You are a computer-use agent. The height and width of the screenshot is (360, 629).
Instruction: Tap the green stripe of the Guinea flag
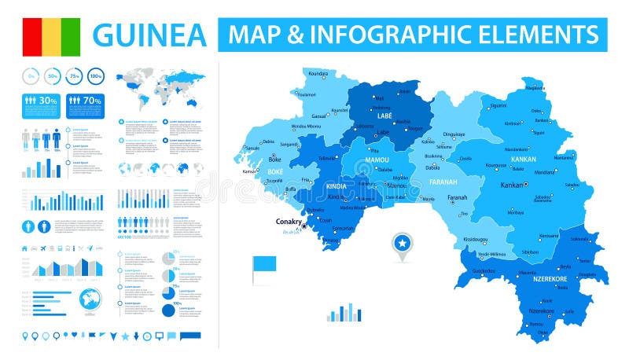[72, 35]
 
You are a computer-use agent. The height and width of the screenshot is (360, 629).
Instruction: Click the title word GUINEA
[149, 35]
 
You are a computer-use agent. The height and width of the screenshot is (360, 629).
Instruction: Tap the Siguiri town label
[498, 105]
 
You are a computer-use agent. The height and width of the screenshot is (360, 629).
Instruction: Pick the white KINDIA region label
[335, 186]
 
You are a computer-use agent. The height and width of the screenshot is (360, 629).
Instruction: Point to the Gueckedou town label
[484, 270]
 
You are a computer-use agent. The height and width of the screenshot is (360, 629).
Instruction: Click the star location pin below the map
[402, 244]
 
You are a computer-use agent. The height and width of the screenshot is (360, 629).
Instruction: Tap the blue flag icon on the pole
[264, 266]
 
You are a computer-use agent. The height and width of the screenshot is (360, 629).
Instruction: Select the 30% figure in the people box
[48, 101]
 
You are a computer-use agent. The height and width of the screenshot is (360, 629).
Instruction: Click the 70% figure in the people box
[92, 101]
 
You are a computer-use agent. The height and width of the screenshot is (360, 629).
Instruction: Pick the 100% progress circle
[96, 77]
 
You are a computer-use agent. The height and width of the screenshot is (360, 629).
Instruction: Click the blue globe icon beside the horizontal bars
[90, 299]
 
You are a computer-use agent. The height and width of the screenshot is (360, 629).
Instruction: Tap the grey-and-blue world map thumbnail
[156, 90]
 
